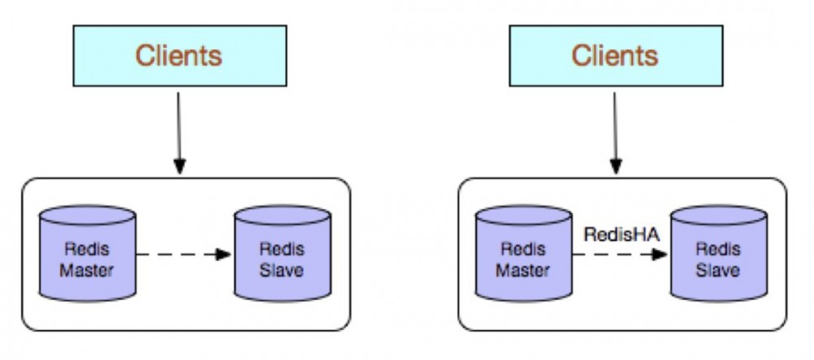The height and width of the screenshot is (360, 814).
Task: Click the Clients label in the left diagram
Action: click(178, 55)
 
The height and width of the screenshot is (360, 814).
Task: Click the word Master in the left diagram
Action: click(86, 270)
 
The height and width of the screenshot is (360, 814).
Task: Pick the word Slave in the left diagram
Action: click(281, 270)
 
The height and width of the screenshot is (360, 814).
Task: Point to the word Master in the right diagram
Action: click(523, 270)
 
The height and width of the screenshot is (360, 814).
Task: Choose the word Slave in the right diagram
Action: click(717, 270)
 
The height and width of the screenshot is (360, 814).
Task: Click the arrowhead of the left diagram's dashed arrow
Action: click(223, 254)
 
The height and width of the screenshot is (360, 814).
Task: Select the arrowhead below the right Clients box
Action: click(615, 166)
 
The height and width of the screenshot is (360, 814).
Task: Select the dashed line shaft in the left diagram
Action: click(175, 254)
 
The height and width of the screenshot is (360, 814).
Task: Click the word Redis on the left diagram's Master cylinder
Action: click(86, 248)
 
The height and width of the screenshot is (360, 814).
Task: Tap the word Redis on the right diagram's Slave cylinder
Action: click(717, 248)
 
